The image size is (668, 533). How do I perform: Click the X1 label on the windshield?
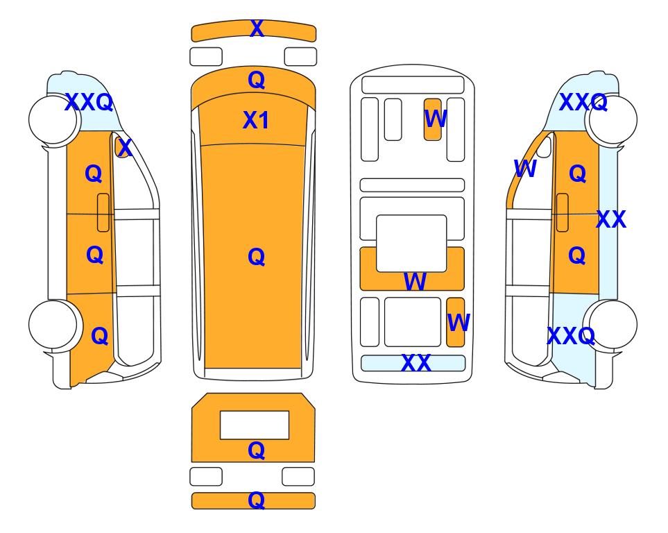point(255,120)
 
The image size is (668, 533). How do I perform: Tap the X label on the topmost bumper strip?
point(257,28)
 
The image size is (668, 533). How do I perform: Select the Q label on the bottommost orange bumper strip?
point(256,500)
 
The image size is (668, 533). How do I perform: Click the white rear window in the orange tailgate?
point(255,425)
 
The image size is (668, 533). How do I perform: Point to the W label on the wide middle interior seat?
point(415,281)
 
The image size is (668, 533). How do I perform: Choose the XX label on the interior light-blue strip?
point(416,363)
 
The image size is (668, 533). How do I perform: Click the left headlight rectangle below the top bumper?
point(206,57)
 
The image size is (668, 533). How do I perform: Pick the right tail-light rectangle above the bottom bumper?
point(298,476)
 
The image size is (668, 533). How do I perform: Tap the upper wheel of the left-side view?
point(53,120)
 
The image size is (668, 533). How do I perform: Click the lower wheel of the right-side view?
point(612,324)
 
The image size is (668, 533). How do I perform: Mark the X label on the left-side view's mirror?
point(124,148)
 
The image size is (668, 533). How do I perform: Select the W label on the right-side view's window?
point(525,169)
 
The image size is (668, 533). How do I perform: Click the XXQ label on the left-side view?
point(89,102)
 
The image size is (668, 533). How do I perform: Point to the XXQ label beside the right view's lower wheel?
point(571,336)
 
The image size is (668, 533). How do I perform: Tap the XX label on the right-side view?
point(611,219)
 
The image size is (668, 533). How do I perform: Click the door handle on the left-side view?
point(103,212)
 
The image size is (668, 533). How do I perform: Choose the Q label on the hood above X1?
point(256,80)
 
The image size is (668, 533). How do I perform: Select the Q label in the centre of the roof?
point(256,257)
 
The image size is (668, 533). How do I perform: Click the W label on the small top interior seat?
point(436,119)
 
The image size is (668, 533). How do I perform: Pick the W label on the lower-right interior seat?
point(459,322)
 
